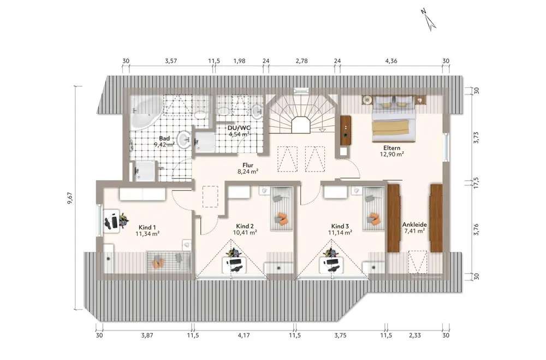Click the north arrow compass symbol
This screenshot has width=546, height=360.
(428, 19)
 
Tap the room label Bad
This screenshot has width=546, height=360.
(164, 138)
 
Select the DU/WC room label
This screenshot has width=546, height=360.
(239, 127)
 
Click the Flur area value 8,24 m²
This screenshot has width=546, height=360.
(248, 171)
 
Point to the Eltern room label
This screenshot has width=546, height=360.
(391, 147)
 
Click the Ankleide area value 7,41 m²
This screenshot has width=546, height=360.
(414, 231)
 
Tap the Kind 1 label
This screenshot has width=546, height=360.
(147, 227)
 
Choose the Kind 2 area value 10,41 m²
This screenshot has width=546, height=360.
(245, 232)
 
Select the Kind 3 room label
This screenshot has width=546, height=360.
(340, 226)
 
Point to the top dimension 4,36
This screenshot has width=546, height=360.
(391, 61)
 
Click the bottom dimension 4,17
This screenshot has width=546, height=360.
(244, 335)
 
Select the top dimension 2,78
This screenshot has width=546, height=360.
(301, 61)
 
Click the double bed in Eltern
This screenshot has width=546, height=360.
(394, 119)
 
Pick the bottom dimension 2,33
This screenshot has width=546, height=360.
(415, 335)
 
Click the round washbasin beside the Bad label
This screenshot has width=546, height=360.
(183, 140)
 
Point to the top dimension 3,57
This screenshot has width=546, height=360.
(171, 61)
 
